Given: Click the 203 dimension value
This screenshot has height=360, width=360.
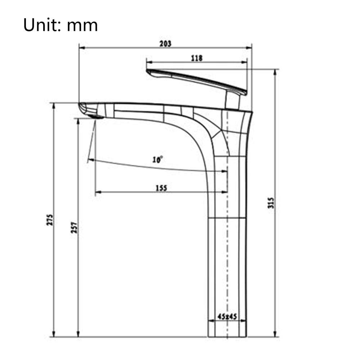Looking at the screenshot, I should tap(165, 44).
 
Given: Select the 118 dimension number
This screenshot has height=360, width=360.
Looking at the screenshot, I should tap(197, 58).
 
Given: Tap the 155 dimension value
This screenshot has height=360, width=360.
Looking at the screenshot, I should tap(161, 188).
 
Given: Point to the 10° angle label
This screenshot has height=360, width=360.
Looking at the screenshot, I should tap(157, 159).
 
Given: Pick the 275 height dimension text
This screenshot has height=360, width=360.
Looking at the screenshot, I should tap(50, 220).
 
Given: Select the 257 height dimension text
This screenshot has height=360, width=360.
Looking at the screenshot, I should tap(74, 227).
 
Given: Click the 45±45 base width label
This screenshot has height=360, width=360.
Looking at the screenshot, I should tap(227, 317).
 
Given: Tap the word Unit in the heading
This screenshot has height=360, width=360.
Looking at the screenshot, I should tap(39, 26).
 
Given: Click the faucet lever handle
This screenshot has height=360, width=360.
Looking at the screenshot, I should tap(196, 80).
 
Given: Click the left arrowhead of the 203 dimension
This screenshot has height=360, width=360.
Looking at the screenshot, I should tap(81, 48).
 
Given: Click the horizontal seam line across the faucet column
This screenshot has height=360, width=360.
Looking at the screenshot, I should tap(228, 218).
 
